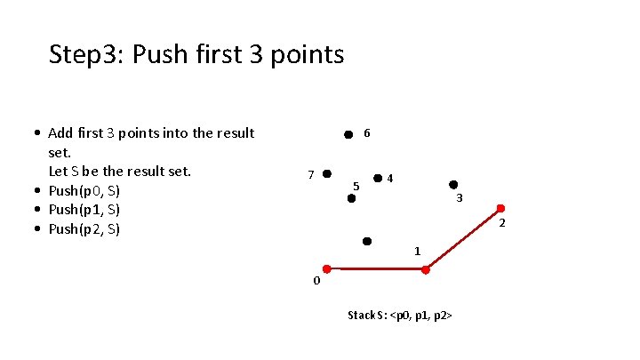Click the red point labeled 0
326,268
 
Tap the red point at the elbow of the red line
426,269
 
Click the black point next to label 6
348,136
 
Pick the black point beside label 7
327,173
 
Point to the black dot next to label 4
378,179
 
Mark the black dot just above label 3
453,185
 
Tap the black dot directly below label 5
351,199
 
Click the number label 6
367,133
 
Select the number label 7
309,174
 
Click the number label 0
316,282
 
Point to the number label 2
502,221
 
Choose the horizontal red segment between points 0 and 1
376,268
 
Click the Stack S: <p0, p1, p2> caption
401,316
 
